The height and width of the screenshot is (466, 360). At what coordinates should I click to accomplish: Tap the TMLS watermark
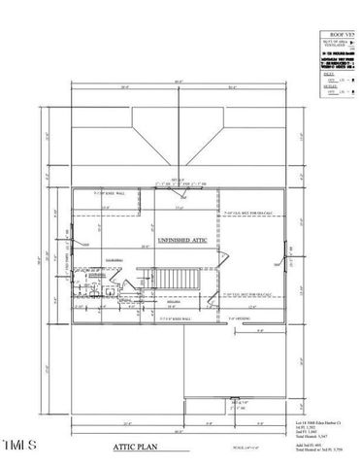coord(19,446)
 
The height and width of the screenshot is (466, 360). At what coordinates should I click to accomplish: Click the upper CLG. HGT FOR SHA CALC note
coord(243,213)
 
